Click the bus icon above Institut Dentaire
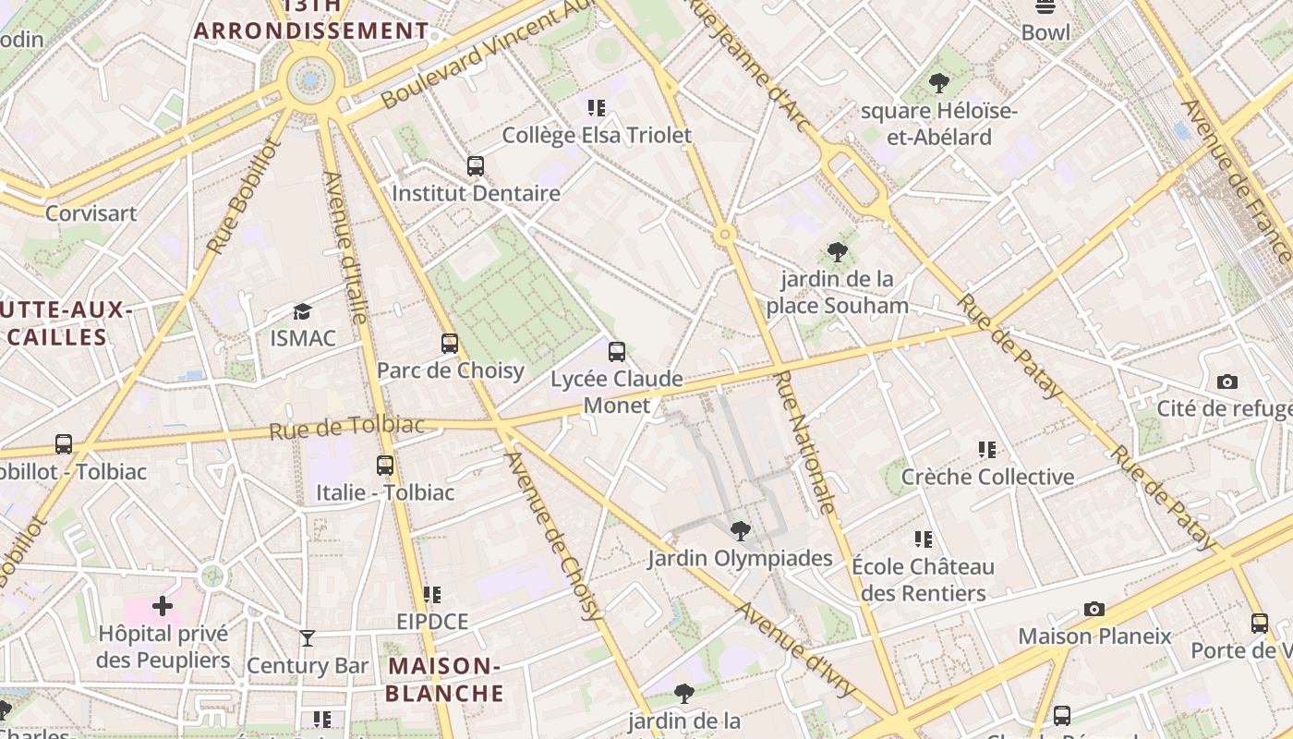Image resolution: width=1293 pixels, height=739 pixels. [x=476, y=166]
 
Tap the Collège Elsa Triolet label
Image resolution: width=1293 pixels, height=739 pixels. [x=597, y=136]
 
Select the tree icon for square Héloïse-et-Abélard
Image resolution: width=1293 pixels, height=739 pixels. [x=939, y=83]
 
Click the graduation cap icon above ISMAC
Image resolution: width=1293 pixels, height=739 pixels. [x=302, y=311]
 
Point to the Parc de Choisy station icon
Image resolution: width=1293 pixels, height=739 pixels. [x=450, y=344]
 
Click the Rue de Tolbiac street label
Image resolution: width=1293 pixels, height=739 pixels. [x=347, y=427]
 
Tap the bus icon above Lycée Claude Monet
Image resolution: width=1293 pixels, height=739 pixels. [x=617, y=352]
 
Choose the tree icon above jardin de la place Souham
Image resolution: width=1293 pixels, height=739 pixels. [x=838, y=251]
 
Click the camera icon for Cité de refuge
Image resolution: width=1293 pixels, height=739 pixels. [x=1227, y=382]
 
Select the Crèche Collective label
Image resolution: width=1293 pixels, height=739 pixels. [x=987, y=477]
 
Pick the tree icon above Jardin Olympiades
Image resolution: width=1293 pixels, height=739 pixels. [x=740, y=530]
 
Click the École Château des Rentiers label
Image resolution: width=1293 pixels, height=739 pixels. [x=923, y=579]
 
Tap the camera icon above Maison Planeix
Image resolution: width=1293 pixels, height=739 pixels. [x=1094, y=609]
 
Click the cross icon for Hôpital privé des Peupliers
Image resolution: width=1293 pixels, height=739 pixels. [x=163, y=606]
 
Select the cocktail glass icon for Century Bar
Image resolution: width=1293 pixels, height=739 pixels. [x=308, y=638]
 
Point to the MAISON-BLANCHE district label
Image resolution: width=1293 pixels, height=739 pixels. [x=444, y=679]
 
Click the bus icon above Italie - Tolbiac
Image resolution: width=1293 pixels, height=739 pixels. [x=385, y=466]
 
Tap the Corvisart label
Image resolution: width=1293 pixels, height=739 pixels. [x=91, y=213]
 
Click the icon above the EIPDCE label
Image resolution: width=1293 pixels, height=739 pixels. [x=432, y=595]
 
